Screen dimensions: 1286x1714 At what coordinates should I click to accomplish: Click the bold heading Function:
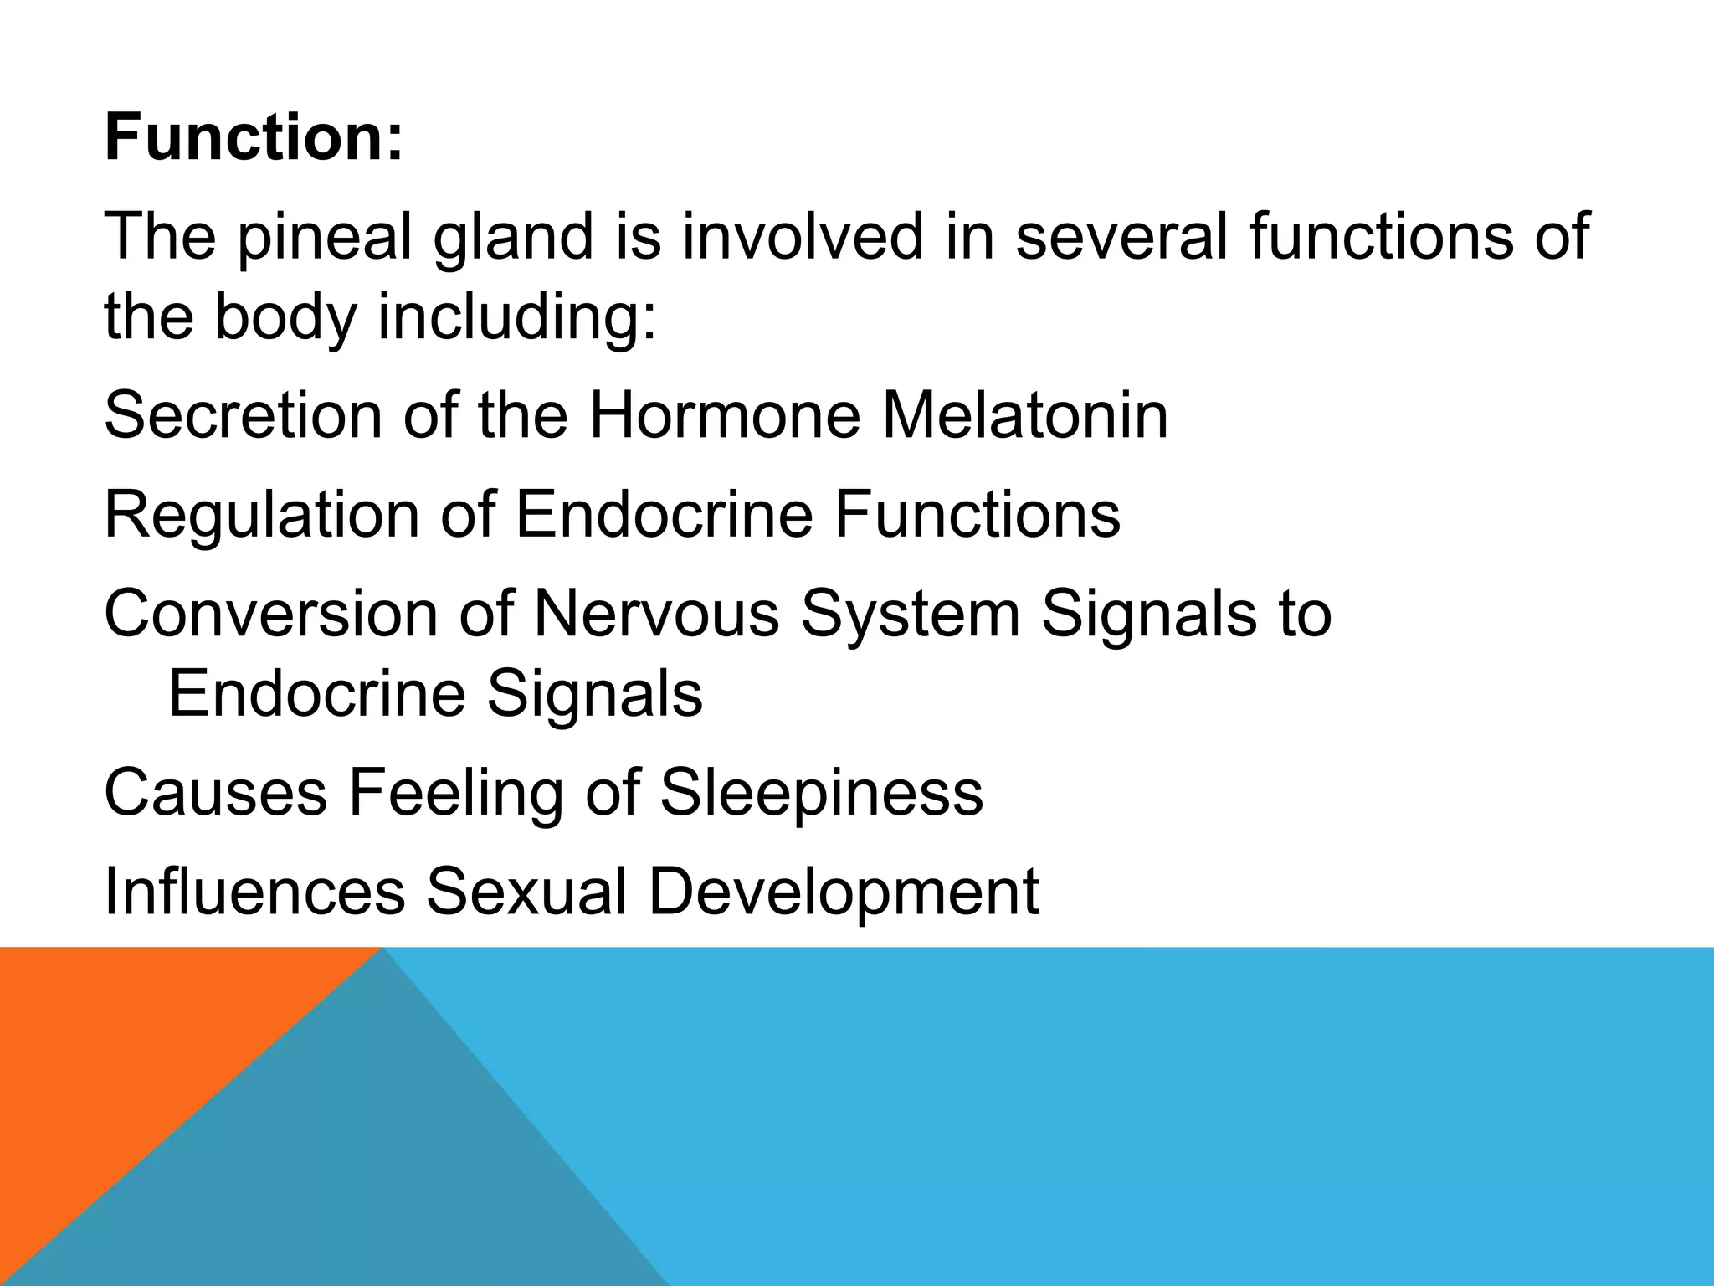click(254, 137)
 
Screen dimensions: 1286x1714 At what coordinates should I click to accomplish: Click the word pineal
click(325, 237)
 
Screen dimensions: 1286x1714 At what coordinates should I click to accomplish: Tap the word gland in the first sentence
click(512, 237)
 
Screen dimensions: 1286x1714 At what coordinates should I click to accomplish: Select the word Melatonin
click(1024, 415)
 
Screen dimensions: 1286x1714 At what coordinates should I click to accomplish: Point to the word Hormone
click(725, 415)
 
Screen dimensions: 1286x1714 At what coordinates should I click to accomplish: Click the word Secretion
click(243, 415)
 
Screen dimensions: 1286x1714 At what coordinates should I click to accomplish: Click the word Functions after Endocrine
click(977, 513)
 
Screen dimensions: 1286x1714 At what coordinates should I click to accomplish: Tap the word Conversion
click(270, 613)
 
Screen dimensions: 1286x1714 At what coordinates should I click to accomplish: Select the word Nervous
click(656, 613)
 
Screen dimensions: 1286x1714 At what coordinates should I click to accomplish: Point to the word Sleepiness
click(821, 792)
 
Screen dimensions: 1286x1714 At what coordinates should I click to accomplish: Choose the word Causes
click(216, 792)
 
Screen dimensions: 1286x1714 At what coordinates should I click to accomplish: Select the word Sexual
click(526, 891)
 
